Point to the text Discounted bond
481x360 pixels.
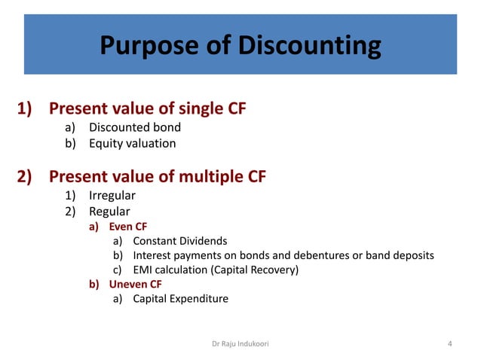(135, 127)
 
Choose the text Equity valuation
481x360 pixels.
(132, 143)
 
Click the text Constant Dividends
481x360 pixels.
(179, 241)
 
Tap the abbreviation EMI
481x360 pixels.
(143, 270)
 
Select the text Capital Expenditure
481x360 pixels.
(180, 298)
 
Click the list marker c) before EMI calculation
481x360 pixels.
(118, 270)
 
